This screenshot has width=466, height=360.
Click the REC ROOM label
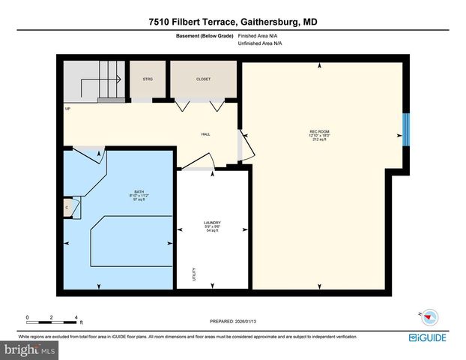point(320,136)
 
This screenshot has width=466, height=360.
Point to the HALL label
point(205,135)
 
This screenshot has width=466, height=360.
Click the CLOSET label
point(203,79)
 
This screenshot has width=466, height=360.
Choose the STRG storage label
point(148,79)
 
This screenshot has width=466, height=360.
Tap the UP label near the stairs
point(67,109)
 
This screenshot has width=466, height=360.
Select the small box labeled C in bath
point(67,208)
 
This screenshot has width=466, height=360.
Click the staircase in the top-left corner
point(94,80)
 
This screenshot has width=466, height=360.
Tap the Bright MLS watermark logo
point(30,349)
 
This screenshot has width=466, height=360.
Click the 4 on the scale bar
point(76,318)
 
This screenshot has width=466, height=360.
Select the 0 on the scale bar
point(27,318)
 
